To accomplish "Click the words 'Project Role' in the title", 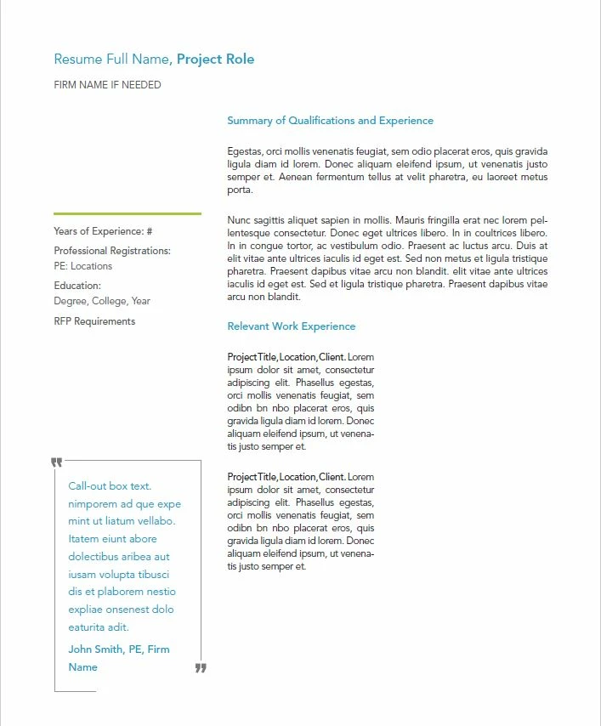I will click(x=215, y=60).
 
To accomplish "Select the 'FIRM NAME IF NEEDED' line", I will click(x=107, y=85).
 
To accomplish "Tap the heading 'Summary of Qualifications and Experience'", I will click(x=330, y=121).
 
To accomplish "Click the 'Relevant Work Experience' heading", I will click(x=291, y=326).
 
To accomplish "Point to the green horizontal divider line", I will click(x=128, y=213).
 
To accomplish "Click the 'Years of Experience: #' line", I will click(x=103, y=231).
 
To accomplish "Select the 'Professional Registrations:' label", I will click(x=112, y=251).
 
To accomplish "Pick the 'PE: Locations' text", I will click(x=83, y=266).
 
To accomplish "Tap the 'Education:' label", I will click(x=77, y=286).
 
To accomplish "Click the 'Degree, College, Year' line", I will click(x=102, y=301).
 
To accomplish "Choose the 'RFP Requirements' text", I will click(x=94, y=321).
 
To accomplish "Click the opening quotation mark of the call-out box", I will click(x=57, y=462).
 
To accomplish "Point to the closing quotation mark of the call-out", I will click(x=201, y=668).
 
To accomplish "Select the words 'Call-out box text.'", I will click(x=110, y=486).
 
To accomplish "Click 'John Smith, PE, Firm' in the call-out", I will click(x=119, y=649).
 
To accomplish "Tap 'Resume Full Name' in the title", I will click(x=112, y=60).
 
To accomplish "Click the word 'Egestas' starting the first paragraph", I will click(x=244, y=151).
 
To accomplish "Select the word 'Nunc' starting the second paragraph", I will click(x=240, y=219).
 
